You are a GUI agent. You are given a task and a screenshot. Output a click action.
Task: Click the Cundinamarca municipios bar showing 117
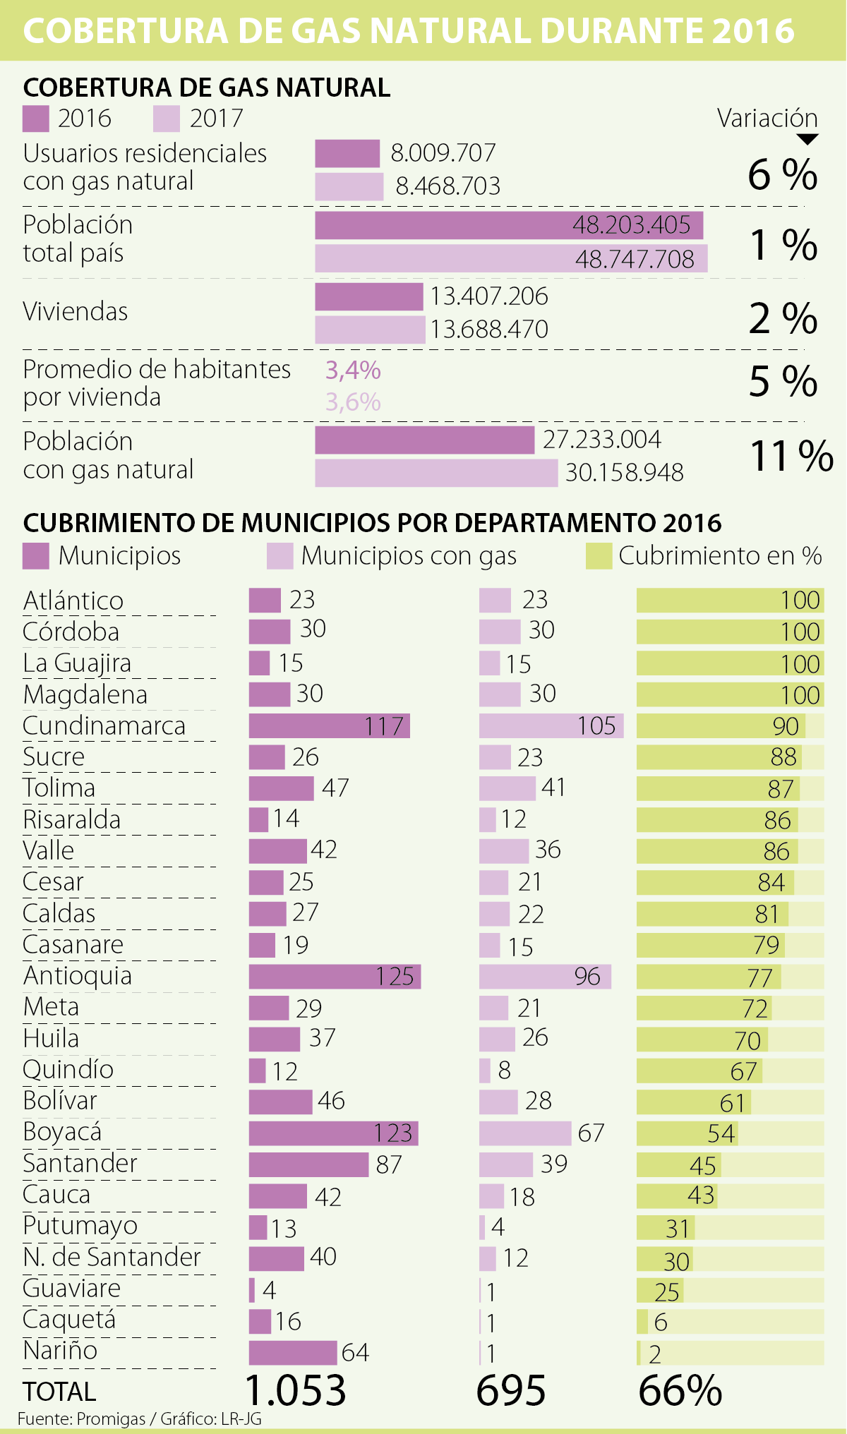click(x=329, y=725)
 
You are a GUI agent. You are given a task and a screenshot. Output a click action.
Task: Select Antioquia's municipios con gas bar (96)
click(x=545, y=977)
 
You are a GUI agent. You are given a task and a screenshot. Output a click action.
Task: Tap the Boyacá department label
click(x=62, y=1132)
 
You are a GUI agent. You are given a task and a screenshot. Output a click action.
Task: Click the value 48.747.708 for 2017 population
click(x=635, y=259)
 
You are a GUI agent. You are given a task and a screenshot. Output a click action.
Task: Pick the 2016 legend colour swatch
click(x=36, y=119)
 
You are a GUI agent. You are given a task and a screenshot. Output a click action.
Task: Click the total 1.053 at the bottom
click(x=296, y=1390)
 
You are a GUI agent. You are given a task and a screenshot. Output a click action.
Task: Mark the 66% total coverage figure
click(x=680, y=1390)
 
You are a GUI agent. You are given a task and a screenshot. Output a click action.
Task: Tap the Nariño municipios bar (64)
click(x=293, y=1353)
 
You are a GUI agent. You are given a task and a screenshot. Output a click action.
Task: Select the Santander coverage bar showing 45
click(x=678, y=1165)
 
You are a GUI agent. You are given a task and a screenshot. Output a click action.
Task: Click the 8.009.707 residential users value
click(x=443, y=153)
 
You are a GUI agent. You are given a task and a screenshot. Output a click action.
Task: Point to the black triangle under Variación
click(x=807, y=139)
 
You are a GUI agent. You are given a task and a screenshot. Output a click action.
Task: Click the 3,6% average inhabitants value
click(x=353, y=402)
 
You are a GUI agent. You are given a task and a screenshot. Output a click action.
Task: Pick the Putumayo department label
click(x=80, y=1226)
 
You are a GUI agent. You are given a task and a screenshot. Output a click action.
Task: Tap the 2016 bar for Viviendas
click(x=368, y=297)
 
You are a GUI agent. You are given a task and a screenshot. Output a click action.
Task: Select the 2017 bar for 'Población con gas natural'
click(x=436, y=473)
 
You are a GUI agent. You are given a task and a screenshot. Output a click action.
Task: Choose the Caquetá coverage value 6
click(x=661, y=1322)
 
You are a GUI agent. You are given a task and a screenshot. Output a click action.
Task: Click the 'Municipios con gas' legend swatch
click(x=280, y=556)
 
